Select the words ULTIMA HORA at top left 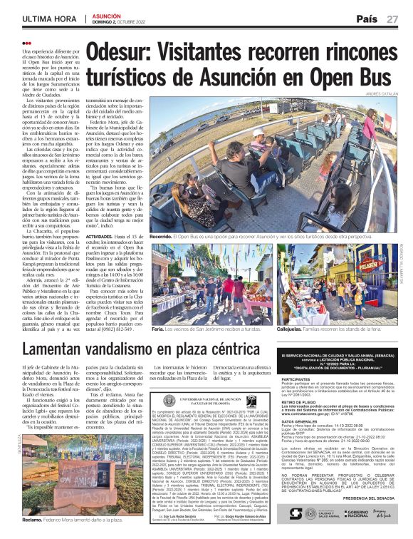click(x=49, y=19)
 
